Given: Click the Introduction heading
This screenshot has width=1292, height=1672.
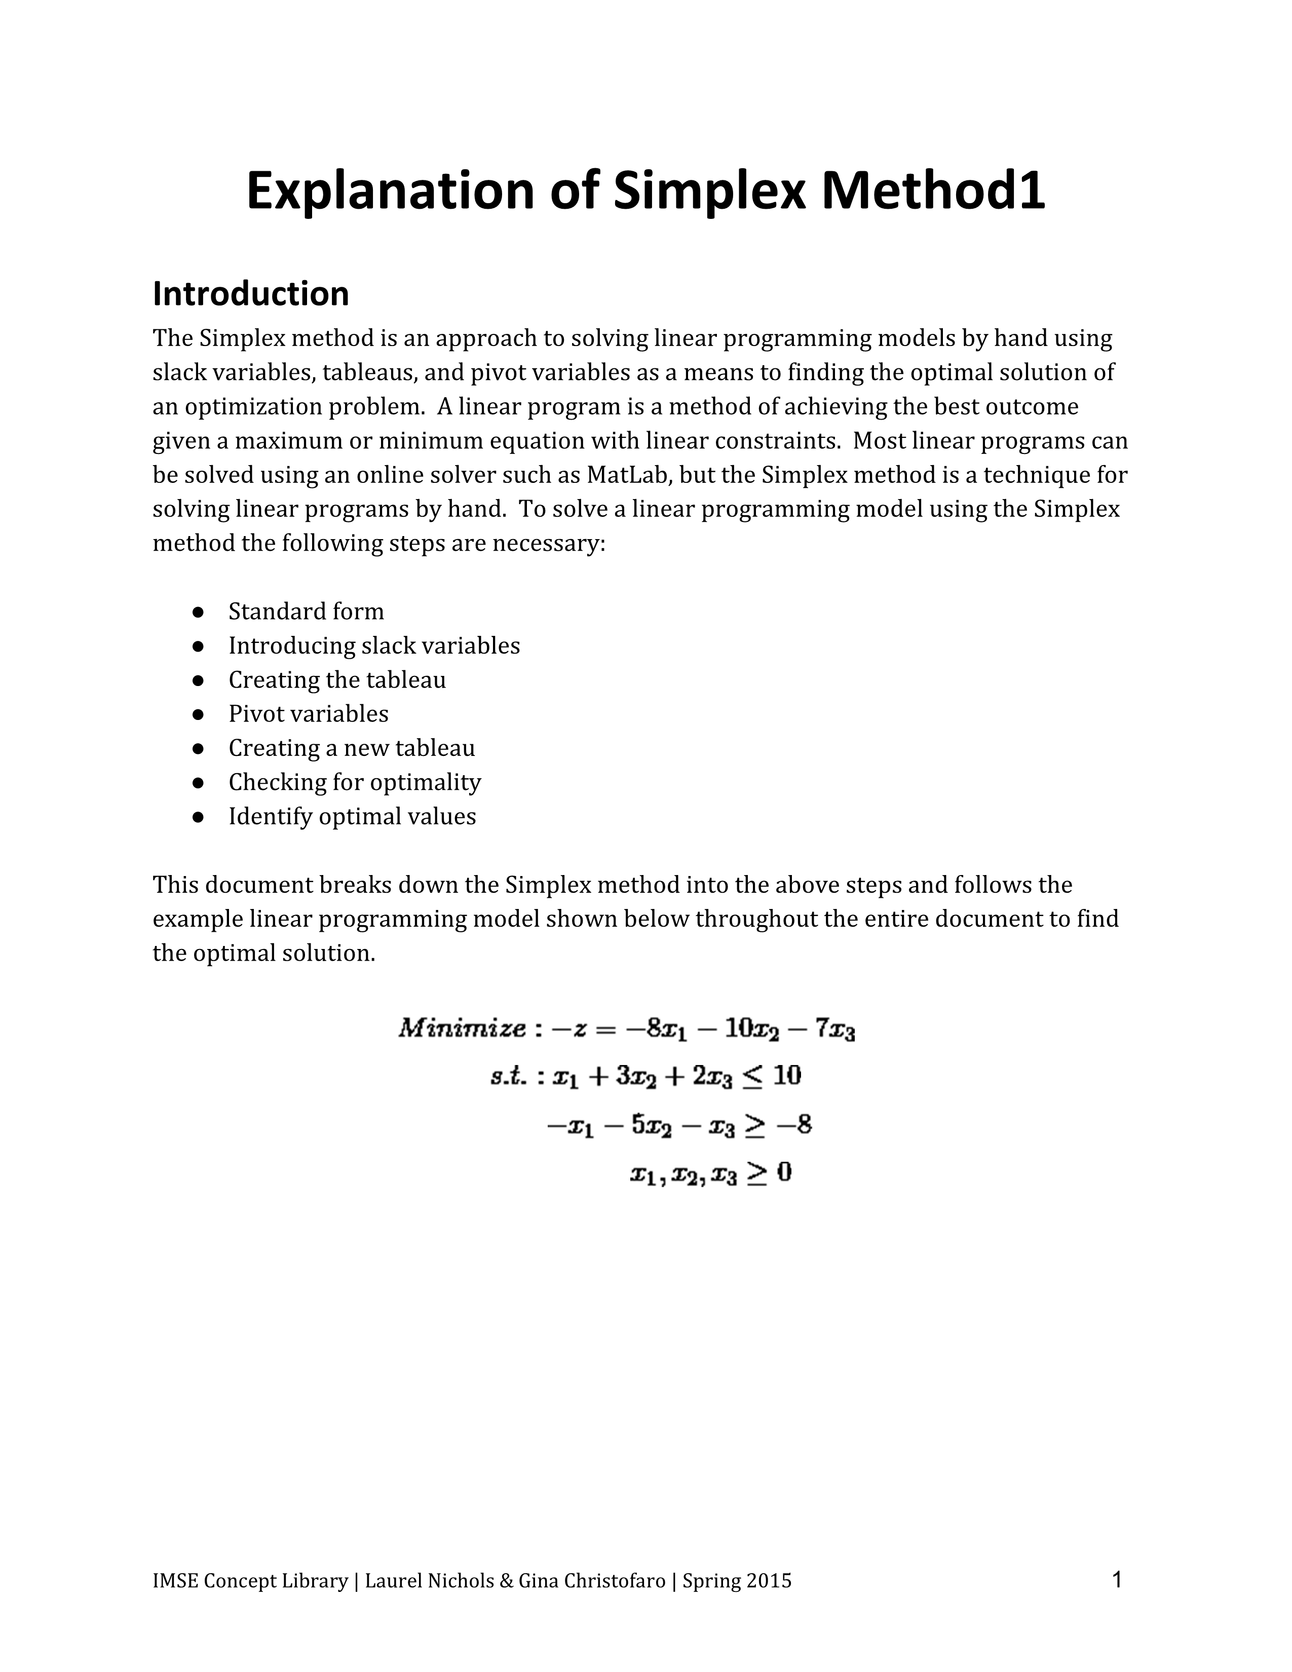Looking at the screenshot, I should point(250,294).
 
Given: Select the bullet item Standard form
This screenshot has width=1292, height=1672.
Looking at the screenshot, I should point(306,611).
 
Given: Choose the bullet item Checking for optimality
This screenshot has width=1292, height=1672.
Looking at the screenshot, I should point(354,782).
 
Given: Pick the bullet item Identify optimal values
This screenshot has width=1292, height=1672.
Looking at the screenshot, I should point(352,816).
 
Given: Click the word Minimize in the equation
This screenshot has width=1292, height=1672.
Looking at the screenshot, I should point(462,1028).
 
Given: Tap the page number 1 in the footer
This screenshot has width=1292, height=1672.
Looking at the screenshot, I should point(1117,1579).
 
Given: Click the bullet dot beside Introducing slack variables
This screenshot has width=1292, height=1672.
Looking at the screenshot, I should point(198,646).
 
